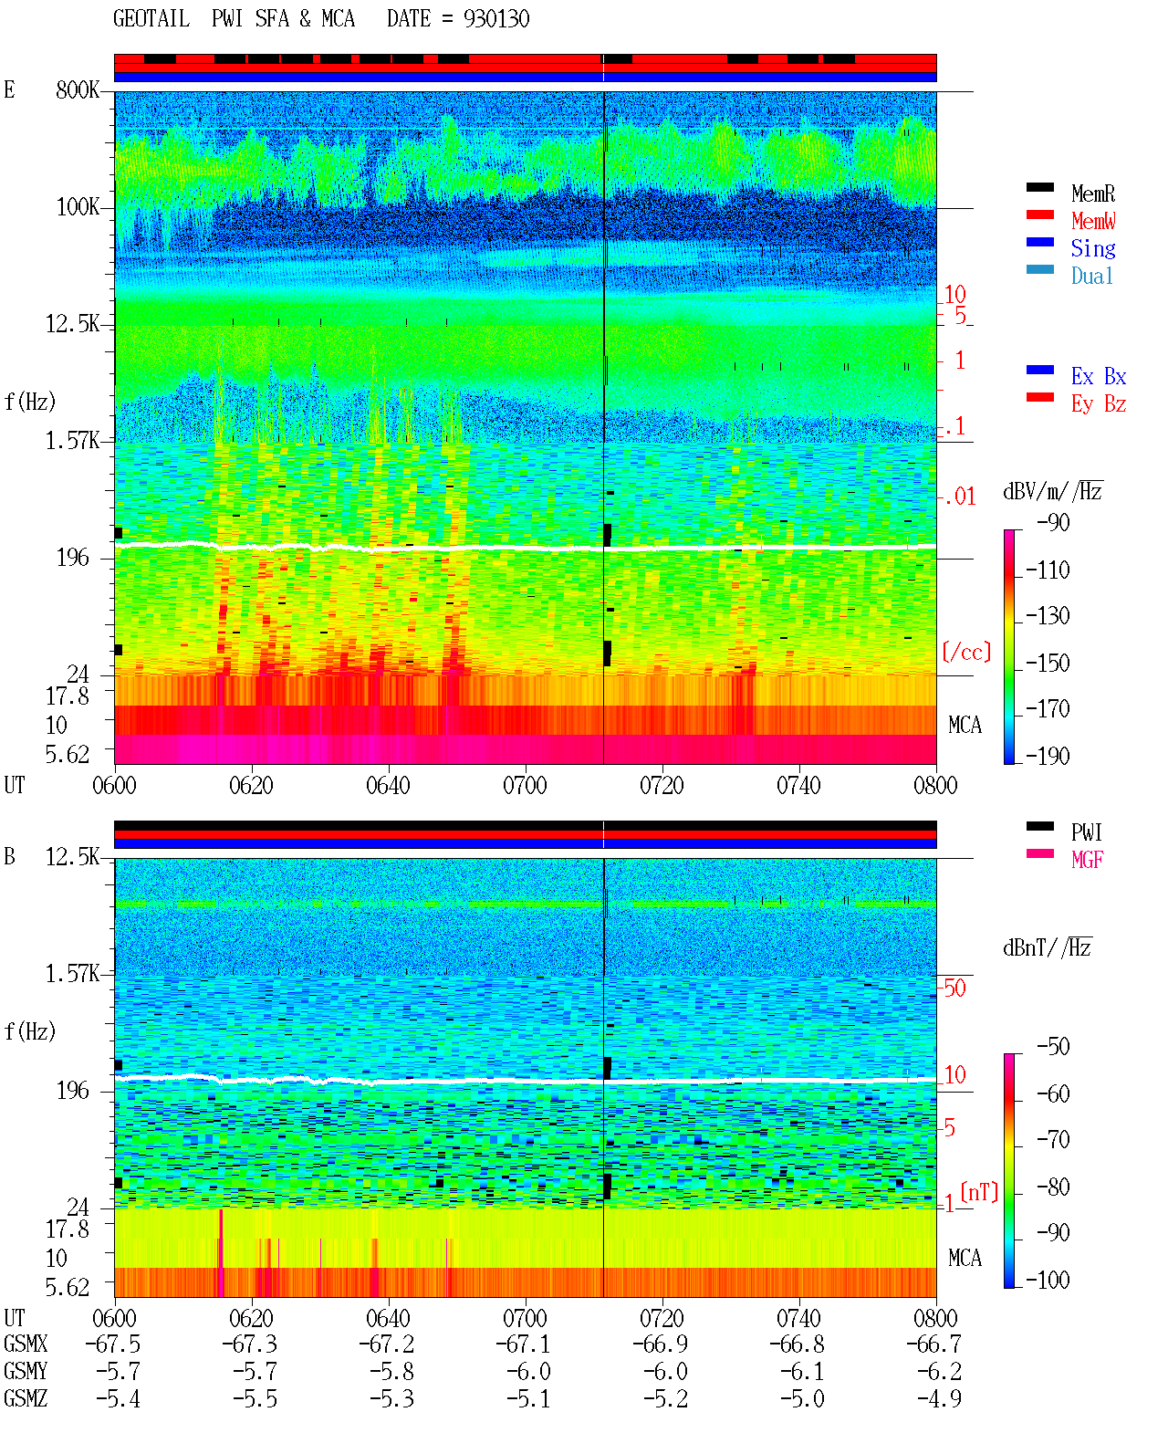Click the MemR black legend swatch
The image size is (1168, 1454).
pos(1039,187)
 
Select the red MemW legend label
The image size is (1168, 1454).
pos(1093,221)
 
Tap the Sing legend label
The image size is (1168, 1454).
pos(1092,248)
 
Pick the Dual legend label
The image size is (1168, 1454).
pos(1091,276)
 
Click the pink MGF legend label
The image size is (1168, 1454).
pos(1087,860)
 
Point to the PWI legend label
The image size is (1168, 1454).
pos(1086,832)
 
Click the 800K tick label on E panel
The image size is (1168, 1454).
pos(78,89)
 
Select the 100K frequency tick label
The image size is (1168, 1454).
pos(78,207)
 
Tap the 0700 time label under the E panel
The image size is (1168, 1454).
pos(525,785)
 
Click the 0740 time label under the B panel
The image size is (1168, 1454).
pos(798,1318)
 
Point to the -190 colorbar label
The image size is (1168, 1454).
pos(1048,756)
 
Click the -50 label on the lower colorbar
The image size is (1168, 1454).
pos(1053,1047)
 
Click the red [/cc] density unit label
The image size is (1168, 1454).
pos(966,652)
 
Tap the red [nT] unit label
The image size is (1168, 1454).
pos(979,1192)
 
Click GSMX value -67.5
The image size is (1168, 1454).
pos(113,1344)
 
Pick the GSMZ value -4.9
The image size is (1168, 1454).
pos(939,1398)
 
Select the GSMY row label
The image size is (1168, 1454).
pos(26,1372)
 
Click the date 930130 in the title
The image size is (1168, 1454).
pos(496,19)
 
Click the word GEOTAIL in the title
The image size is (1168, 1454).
pos(151,19)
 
